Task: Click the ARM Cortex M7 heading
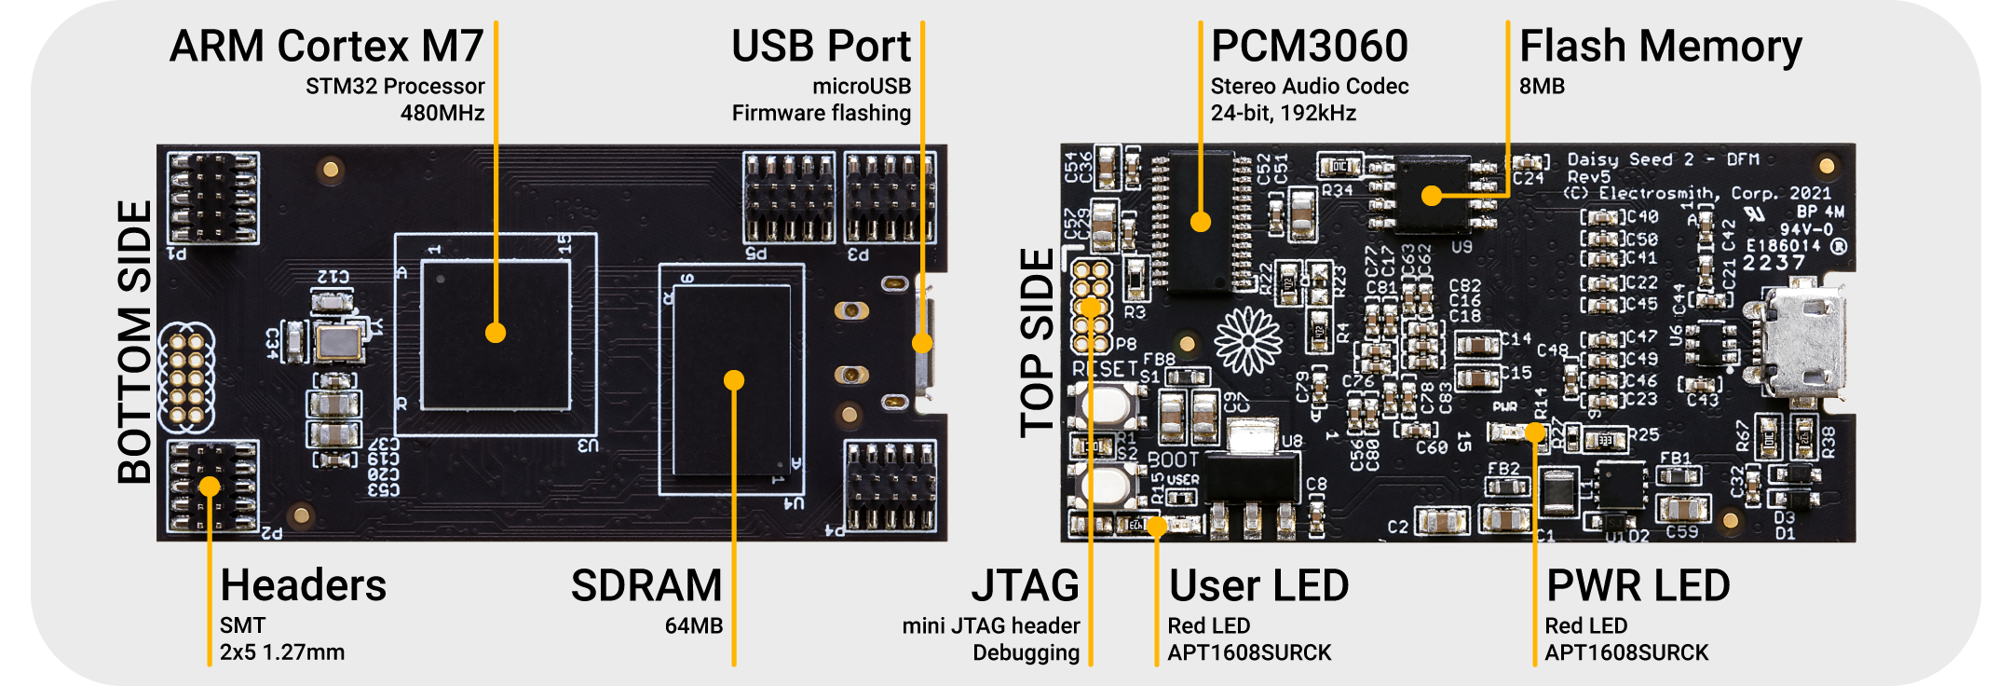point(326,47)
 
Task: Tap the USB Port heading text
point(821,47)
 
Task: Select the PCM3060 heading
point(1310,47)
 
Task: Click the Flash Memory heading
point(1661,47)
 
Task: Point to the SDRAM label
point(646,586)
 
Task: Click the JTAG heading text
point(1026,586)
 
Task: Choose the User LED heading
point(1258,586)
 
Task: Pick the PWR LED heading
point(1638,586)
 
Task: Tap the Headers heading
point(303,586)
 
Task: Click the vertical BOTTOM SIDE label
point(135,342)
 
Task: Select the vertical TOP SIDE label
point(1038,342)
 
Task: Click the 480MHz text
point(442,114)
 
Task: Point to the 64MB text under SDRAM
point(694,626)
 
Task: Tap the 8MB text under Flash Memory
point(1542,87)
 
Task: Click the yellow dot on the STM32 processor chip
point(496,333)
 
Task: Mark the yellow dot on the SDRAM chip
point(734,380)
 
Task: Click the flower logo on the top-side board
point(1248,341)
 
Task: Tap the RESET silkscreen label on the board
point(1104,369)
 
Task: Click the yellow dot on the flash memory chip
point(1432,196)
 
